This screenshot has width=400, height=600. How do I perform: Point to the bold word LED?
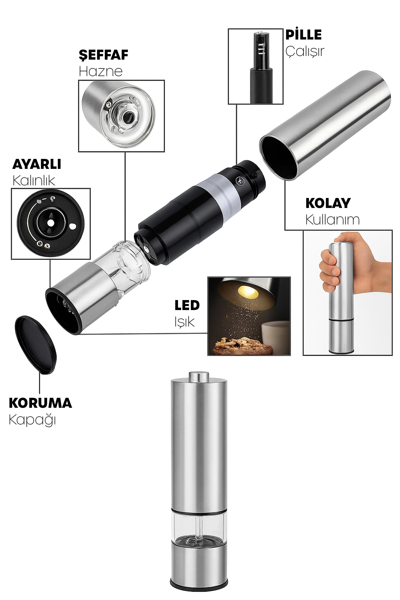[x=187, y=305]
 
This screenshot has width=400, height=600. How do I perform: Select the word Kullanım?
[x=332, y=219]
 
